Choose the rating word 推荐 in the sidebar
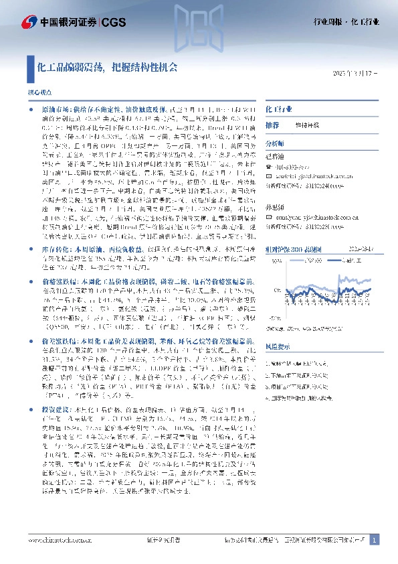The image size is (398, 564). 272,125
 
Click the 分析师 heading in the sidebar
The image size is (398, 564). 275,143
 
